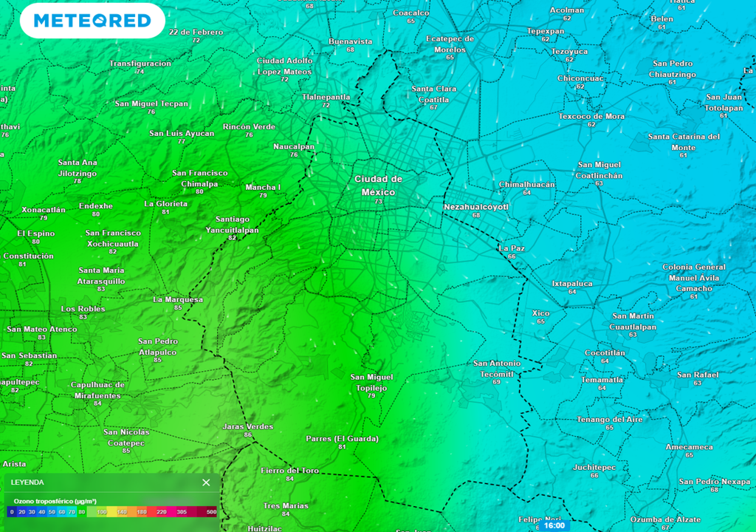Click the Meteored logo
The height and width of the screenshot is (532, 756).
pos(92,21)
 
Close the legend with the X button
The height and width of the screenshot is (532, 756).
pos(206,482)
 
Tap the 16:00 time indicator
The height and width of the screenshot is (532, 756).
pos(554,525)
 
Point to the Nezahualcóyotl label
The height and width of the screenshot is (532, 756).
pos(476,207)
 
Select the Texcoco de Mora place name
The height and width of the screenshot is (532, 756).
pos(591,116)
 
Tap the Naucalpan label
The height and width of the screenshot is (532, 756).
pos(294,146)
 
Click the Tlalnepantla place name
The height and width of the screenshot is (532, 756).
pos(326,97)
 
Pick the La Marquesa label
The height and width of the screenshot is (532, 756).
pos(178,299)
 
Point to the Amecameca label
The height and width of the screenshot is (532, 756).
pos(689,447)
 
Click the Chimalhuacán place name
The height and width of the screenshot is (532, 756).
pos(526,184)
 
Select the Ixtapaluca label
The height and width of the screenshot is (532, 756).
pos(572,283)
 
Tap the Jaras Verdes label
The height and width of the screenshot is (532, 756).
pos(247,426)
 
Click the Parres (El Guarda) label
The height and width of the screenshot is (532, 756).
pos(342,438)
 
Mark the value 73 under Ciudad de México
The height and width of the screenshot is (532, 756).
pos(379,202)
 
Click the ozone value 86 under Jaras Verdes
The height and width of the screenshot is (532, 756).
pos(247,435)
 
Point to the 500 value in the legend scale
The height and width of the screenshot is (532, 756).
pos(211,511)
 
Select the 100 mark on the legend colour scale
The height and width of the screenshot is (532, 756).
pos(102,511)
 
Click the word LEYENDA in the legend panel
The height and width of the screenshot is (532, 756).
pos(27,482)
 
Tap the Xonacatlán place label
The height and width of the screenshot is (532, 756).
pos(44,210)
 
